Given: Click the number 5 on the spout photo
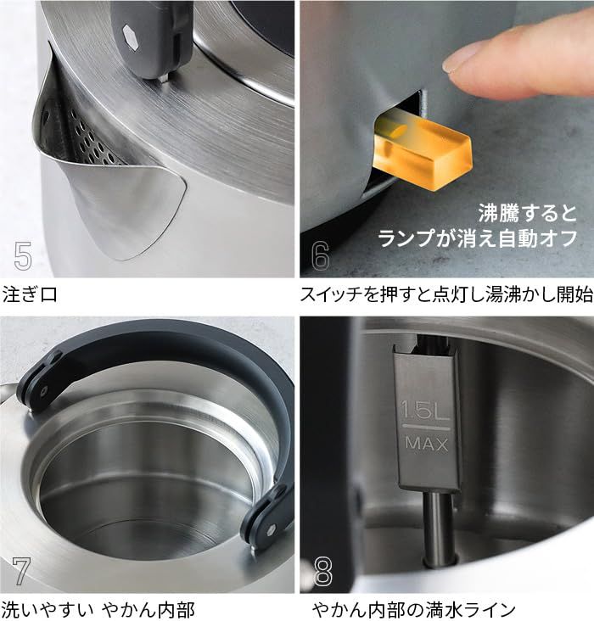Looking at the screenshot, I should tap(23, 255).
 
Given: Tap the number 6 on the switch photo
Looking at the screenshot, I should tap(320, 255).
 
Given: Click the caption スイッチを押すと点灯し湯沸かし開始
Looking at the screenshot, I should tap(446, 295).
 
